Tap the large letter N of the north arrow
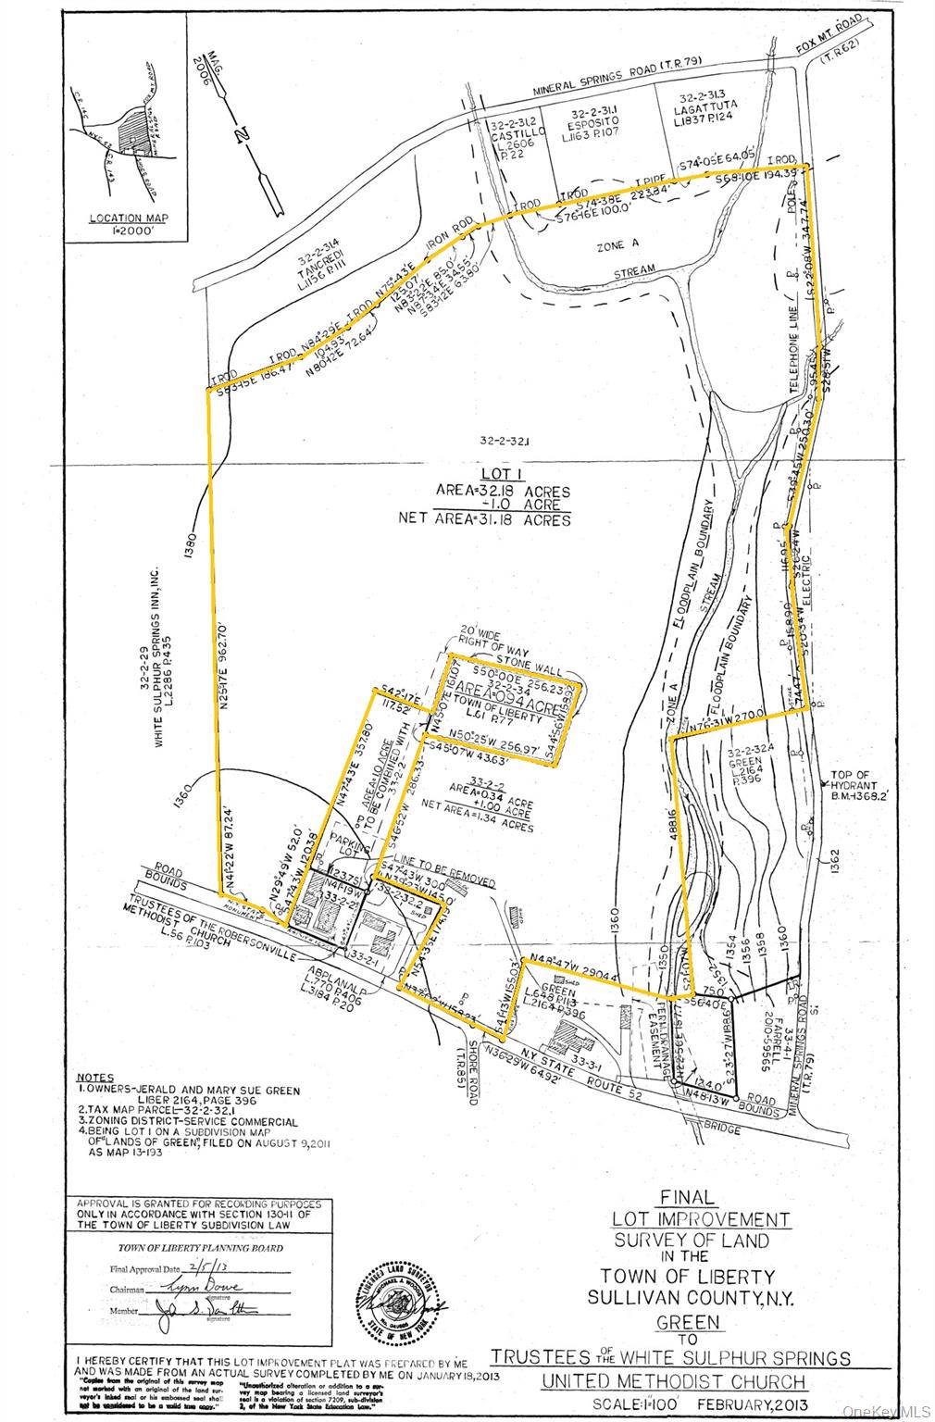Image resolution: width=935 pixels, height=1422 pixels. point(242,136)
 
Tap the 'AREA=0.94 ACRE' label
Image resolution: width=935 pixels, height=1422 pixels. point(505,695)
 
